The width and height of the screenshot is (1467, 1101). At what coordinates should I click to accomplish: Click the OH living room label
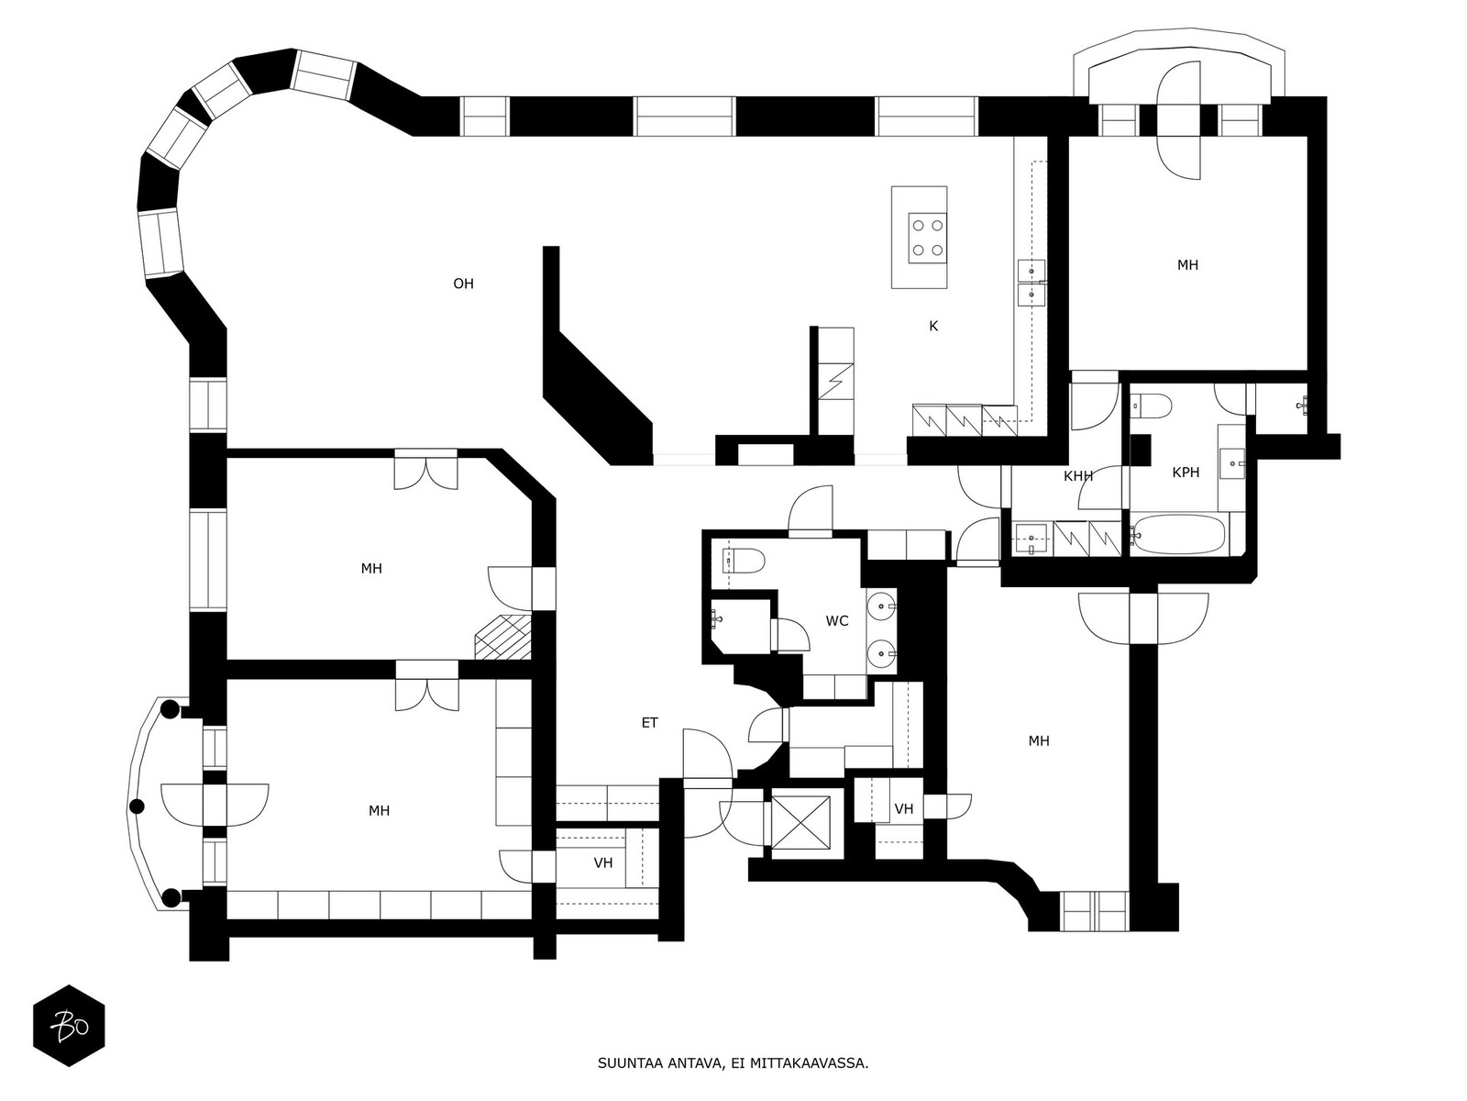coord(463,284)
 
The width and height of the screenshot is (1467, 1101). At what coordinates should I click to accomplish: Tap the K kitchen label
coord(933,327)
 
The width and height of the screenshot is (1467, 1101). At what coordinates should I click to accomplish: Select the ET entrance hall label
coord(650,723)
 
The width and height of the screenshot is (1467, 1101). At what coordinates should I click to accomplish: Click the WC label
coord(837,621)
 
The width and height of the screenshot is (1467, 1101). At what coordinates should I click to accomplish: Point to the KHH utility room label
coord(1078,476)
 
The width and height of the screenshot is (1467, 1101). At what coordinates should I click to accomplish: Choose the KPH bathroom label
coord(1186,473)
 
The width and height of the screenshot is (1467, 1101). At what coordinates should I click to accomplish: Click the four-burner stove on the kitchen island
coord(928,238)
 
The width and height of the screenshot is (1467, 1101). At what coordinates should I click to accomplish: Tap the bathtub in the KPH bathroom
coord(1181,535)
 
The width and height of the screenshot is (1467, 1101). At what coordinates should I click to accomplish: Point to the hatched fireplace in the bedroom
coord(502,637)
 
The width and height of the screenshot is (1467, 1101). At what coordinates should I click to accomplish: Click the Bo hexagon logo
coord(70,1026)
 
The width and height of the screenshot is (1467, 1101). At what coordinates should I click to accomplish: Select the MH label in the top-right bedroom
coord(1187,265)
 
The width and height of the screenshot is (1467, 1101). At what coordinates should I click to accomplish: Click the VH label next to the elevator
coord(904,809)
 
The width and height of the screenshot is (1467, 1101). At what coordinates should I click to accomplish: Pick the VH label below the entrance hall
coord(602,863)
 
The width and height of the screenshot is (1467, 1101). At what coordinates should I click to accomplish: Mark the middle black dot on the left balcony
coord(137,806)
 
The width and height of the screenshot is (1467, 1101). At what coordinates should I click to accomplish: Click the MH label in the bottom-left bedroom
coord(379,811)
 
